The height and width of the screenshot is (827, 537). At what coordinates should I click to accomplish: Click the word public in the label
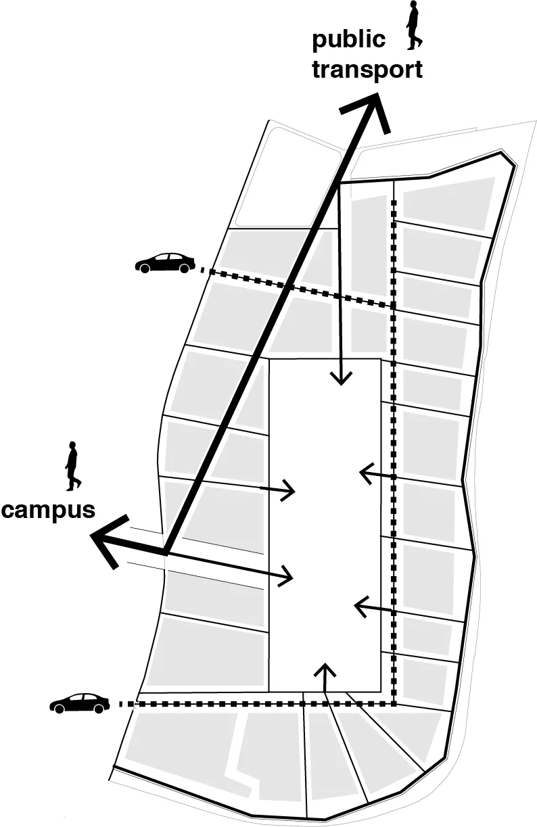pyautogui.click(x=348, y=40)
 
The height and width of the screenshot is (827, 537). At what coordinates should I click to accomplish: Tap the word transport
pyautogui.click(x=367, y=69)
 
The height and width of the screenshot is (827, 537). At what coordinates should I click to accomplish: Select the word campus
pyautogui.click(x=48, y=509)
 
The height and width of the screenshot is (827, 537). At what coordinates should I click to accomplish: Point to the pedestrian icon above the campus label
pyautogui.click(x=72, y=467)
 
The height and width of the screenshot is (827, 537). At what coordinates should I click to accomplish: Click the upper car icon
pyautogui.click(x=165, y=262)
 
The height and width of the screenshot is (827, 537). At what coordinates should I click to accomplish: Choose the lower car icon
pyautogui.click(x=80, y=703)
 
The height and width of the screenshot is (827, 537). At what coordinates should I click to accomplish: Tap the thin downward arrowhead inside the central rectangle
pyautogui.click(x=342, y=379)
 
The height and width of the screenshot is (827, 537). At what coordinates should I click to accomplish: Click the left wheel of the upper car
pyautogui.click(x=144, y=268)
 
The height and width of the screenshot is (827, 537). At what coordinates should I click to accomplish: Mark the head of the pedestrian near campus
pyautogui.click(x=72, y=446)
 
